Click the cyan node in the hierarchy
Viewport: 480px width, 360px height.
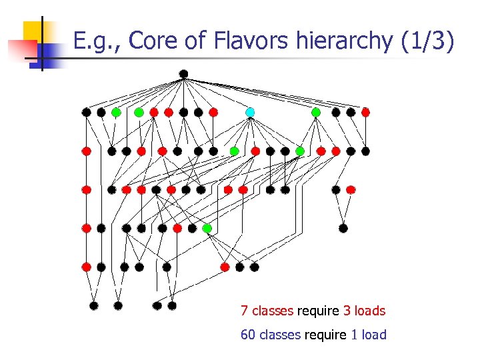click(250, 112)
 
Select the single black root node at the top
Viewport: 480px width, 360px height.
click(183, 74)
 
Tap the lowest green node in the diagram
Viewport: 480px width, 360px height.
click(207, 229)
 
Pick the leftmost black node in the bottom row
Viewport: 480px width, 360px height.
click(94, 306)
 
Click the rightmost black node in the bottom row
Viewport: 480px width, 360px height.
click(172, 306)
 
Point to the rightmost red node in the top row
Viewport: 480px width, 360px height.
click(365, 112)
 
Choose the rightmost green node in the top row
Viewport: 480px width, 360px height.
click(316, 112)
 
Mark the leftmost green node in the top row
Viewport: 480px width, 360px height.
click(116, 112)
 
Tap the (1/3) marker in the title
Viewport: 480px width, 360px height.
click(428, 41)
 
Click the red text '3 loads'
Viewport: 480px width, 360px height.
click(364, 311)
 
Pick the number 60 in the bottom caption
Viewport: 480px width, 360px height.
click(248, 335)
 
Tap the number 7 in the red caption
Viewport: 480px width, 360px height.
click(245, 311)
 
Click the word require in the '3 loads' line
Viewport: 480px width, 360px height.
click(318, 311)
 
